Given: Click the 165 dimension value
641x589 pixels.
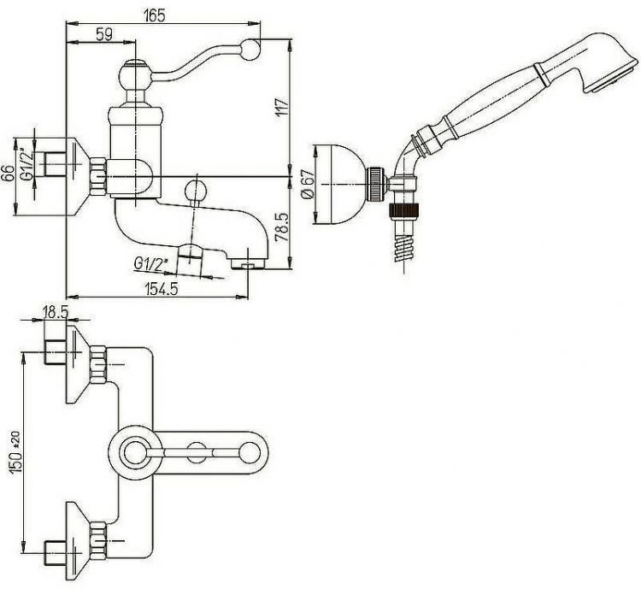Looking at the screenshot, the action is (x=155, y=15).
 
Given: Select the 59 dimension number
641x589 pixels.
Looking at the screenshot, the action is (x=104, y=34).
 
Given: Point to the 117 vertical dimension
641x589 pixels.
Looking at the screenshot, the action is (x=283, y=107).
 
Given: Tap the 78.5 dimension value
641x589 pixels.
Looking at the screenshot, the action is (x=283, y=227).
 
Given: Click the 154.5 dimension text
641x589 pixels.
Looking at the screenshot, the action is (x=162, y=289).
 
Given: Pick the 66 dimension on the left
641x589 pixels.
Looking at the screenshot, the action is (x=9, y=174).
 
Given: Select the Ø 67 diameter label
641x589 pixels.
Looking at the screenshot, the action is (x=309, y=184).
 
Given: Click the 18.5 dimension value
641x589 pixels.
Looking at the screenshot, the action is (x=56, y=313).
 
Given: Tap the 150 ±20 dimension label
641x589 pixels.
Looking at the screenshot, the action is (x=15, y=451).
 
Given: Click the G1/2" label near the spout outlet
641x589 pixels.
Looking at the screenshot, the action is (x=150, y=263).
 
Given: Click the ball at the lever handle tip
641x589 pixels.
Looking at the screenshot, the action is (x=250, y=49).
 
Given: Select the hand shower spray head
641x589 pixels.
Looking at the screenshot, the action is (x=607, y=64).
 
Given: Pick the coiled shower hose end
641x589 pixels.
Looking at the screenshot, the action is (x=405, y=248).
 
